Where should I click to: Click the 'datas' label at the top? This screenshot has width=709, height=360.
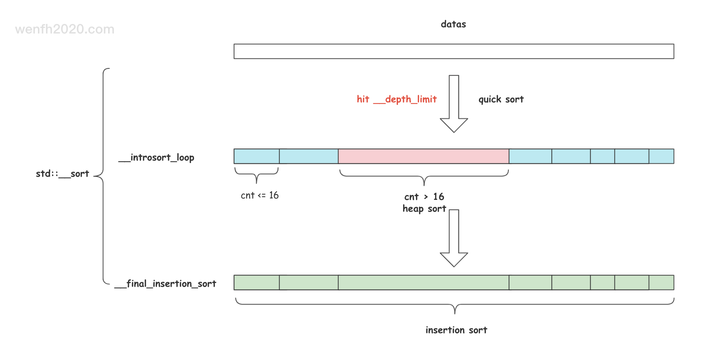453,24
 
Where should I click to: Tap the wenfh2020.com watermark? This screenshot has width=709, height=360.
65,29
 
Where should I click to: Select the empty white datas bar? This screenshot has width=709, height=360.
454,51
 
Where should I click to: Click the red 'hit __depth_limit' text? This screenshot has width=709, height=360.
396,99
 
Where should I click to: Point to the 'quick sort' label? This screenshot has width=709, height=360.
501,99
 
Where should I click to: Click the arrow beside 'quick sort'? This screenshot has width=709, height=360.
454,104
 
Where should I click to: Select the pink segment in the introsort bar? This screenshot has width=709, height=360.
423,156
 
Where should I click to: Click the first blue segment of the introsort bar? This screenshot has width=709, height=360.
257,156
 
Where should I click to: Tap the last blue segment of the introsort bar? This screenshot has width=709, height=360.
661,156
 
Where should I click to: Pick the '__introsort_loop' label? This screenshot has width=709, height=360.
156,158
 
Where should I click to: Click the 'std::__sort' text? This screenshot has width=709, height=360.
63,174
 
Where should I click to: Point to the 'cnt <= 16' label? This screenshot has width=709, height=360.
260,195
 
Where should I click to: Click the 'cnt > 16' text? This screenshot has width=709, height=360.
424,197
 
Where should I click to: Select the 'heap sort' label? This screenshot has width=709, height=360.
424,209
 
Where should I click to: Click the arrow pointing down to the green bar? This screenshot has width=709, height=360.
454,238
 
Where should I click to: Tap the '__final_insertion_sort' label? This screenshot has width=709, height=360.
165,284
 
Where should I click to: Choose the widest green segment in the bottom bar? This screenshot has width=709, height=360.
423,282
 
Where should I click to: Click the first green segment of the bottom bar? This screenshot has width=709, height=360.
257,282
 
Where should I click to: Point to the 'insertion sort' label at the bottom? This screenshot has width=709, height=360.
456,330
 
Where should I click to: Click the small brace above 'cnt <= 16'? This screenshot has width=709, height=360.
257,174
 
